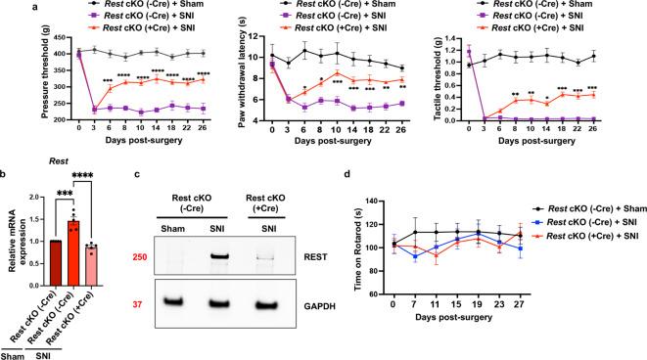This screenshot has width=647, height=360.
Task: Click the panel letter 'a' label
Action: click(6, 6)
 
